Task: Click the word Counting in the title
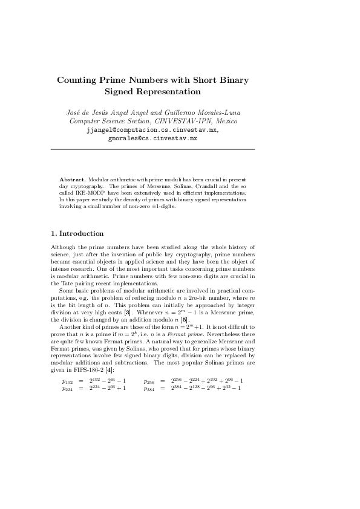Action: pos(79,80)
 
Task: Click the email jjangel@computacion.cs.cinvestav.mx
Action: pos(152,129)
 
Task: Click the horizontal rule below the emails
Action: pos(152,149)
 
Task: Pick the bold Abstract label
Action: pos(73,180)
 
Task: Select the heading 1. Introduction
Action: pos(77,233)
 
